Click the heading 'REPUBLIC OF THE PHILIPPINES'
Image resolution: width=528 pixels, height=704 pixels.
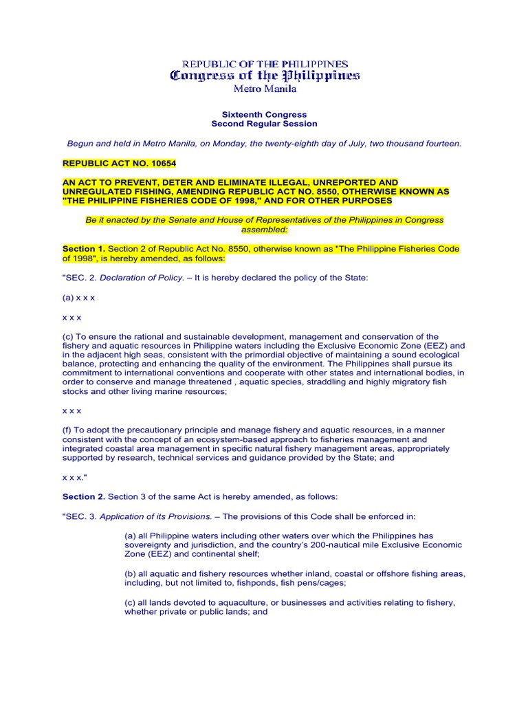pyautogui.click(x=265, y=64)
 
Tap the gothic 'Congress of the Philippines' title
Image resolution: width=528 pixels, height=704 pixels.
pyautogui.click(x=265, y=76)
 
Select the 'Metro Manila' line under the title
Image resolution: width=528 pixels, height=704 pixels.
pyautogui.click(x=264, y=89)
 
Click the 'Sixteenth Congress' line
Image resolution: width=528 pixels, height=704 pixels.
pyautogui.click(x=264, y=114)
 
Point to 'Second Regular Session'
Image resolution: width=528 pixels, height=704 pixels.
pyautogui.click(x=264, y=124)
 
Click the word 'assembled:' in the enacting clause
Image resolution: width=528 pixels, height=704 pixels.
pyautogui.click(x=264, y=230)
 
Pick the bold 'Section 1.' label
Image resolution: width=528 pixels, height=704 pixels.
pyautogui.click(x=84, y=247)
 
